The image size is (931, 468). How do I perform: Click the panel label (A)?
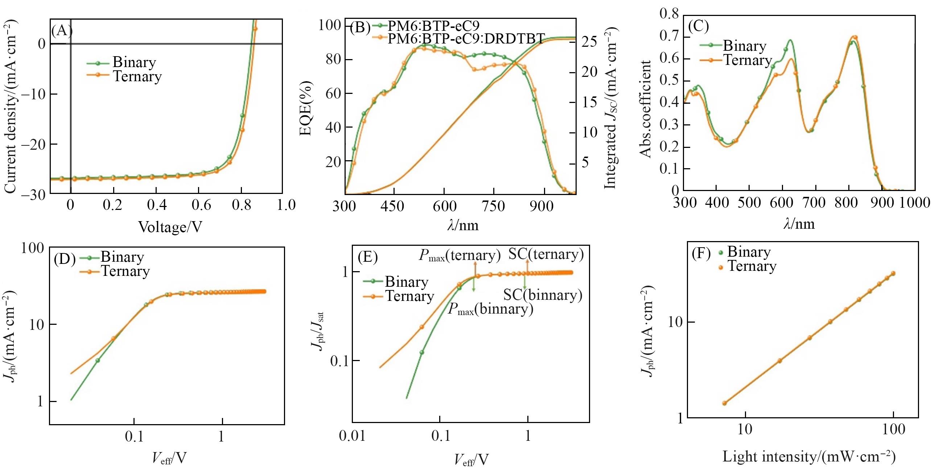[62, 31]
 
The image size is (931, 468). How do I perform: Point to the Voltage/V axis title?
[170, 227]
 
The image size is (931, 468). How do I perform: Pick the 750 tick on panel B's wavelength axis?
[494, 206]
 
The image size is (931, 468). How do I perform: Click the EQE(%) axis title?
[306, 108]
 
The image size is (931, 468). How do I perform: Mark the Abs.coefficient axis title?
[646, 109]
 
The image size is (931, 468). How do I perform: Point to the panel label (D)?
[64, 260]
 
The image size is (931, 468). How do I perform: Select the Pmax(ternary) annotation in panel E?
[460, 256]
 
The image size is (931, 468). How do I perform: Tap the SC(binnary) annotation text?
[543, 295]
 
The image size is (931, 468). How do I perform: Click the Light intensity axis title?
[809, 456]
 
